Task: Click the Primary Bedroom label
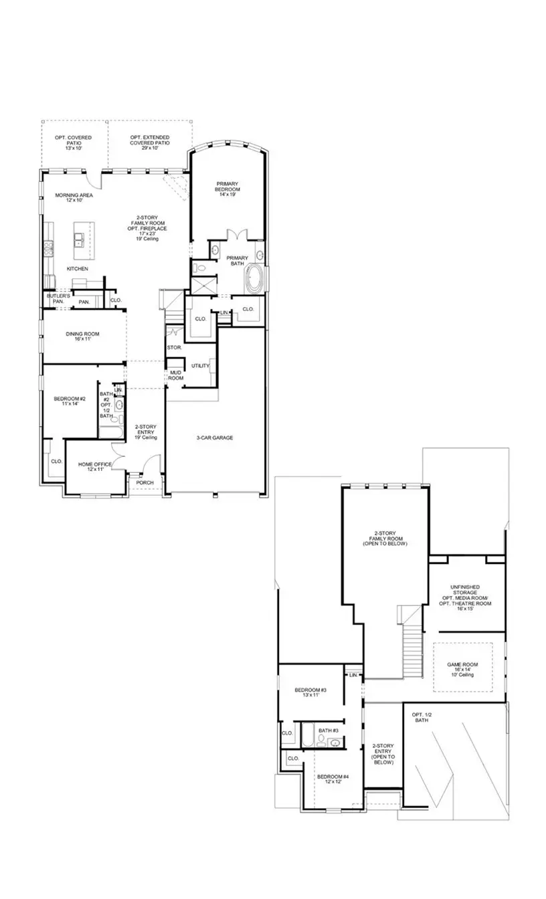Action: (x=227, y=187)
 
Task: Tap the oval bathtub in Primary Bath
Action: (x=255, y=279)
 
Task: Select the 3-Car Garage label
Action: (x=214, y=438)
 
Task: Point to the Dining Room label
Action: (x=82, y=336)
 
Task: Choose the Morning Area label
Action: (x=74, y=197)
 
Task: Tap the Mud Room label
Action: (x=176, y=375)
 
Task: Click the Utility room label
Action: (x=200, y=366)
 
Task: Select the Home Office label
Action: (x=94, y=467)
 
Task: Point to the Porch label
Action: (x=145, y=482)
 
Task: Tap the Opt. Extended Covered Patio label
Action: (x=150, y=140)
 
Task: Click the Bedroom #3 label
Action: (x=310, y=692)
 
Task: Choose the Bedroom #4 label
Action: (x=338, y=779)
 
